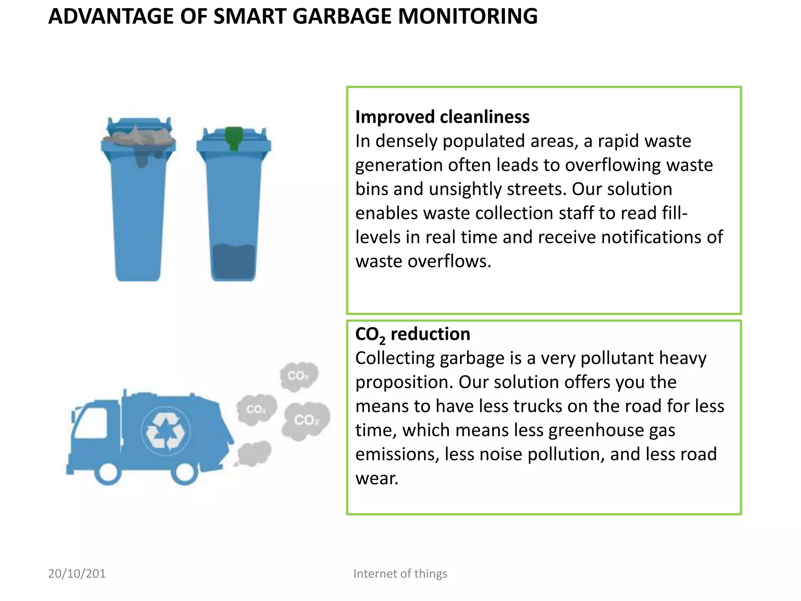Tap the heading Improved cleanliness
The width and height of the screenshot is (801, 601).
(x=442, y=117)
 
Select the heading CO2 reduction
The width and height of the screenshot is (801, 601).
(x=412, y=335)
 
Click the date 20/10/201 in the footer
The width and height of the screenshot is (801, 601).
(x=77, y=574)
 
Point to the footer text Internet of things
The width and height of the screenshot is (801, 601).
(x=400, y=574)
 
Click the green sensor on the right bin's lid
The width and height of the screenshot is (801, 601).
(x=234, y=137)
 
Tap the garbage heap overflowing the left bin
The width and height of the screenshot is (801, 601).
(x=138, y=137)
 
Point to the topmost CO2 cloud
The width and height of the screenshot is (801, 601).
(x=299, y=376)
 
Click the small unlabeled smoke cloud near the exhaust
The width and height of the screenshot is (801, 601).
(x=254, y=454)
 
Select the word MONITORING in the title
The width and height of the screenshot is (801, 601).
(x=467, y=16)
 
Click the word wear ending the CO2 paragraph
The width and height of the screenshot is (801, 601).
(x=377, y=479)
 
